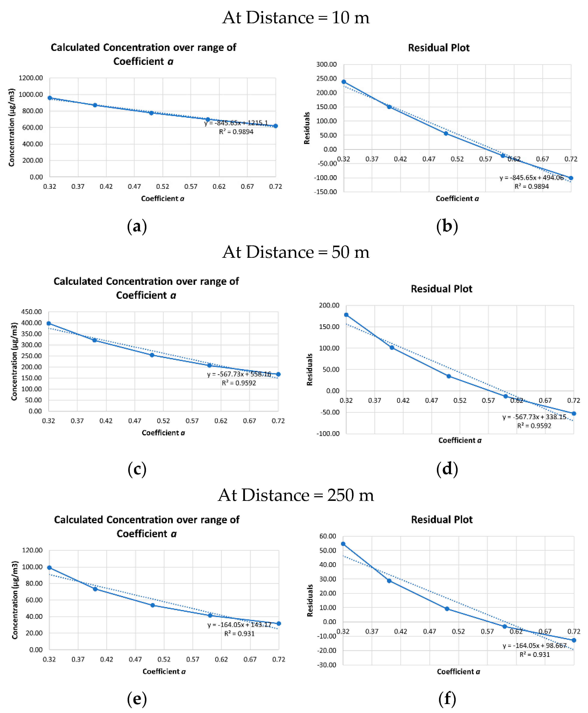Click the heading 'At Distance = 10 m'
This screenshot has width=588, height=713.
point(295,17)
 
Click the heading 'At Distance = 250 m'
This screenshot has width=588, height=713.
point(295,495)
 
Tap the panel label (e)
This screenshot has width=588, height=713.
point(137,698)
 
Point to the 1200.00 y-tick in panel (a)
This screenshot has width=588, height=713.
point(31,78)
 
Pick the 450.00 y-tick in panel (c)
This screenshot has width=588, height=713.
point(31,312)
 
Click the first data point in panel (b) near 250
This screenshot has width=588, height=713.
point(344,82)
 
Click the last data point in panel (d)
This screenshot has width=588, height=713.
point(574,414)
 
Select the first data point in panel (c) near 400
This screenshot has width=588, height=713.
point(49,323)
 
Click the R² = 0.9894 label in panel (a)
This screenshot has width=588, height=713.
point(236,132)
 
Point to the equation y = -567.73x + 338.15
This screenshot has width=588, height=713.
point(534,417)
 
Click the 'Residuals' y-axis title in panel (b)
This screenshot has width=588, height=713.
point(307,128)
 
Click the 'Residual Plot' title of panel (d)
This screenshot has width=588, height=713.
point(441,289)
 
